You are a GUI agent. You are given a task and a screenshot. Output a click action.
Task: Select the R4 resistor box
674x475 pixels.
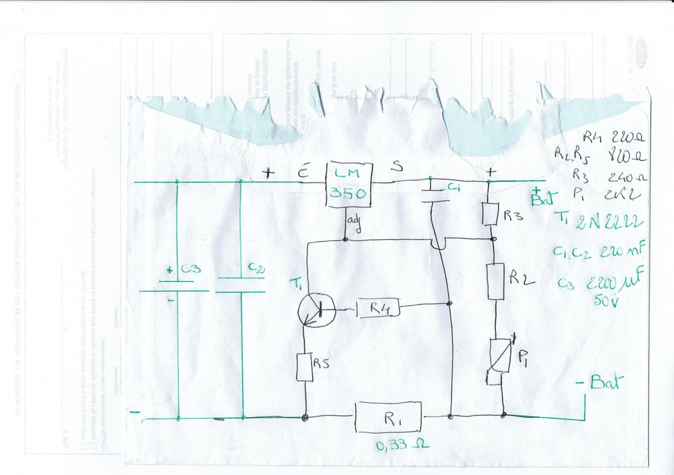click(378, 309)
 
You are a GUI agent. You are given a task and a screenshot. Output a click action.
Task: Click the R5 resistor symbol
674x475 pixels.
click(305, 367)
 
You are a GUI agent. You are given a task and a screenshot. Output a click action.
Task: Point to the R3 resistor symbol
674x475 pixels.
click(490, 214)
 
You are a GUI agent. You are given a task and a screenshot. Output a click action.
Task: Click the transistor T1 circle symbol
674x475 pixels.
click(315, 309)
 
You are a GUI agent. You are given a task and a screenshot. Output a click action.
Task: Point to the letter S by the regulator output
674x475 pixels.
click(398, 167)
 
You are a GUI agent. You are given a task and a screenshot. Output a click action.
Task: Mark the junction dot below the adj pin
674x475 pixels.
click(345, 240)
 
